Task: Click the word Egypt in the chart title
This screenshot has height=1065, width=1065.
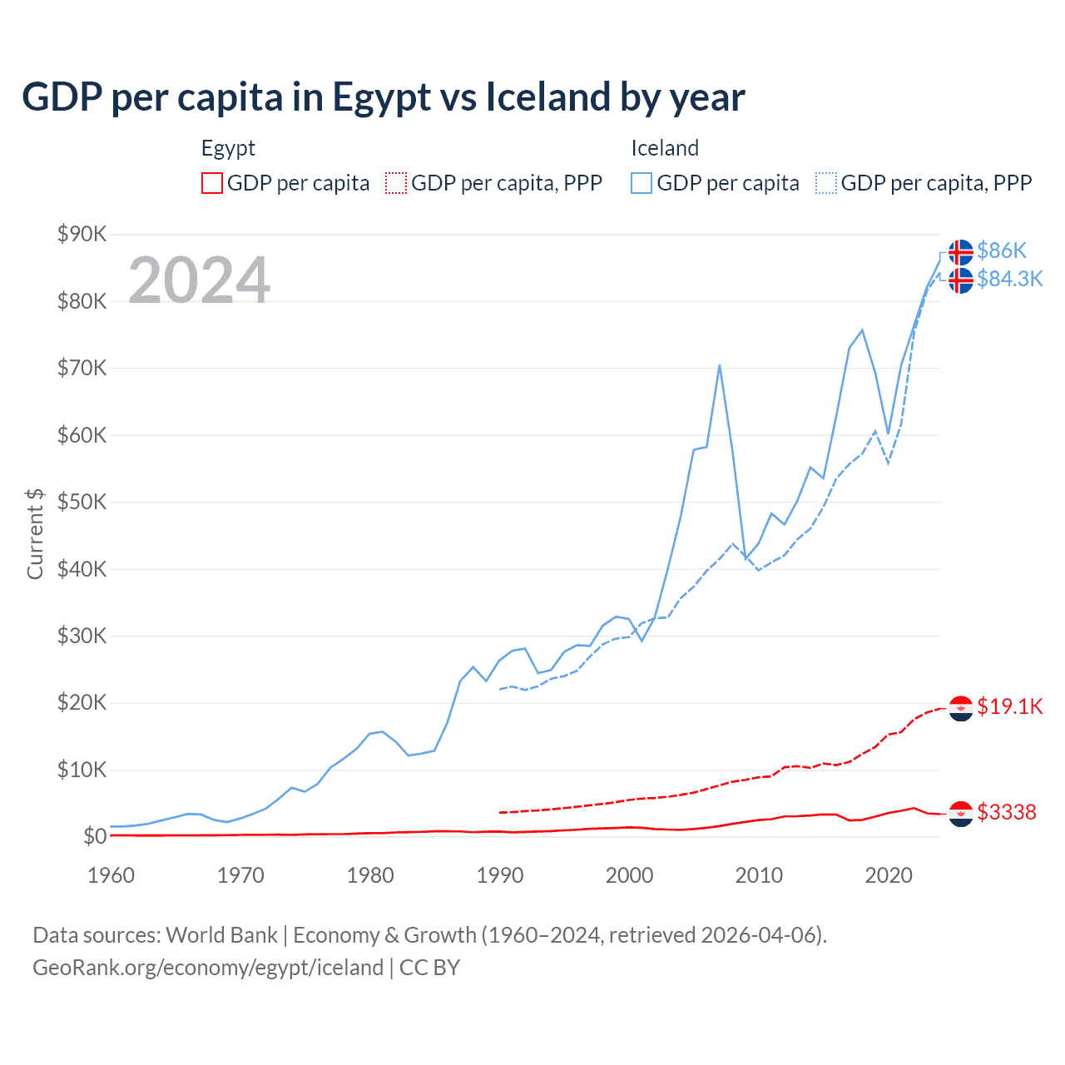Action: (381, 98)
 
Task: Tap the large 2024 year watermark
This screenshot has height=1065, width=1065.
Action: (199, 280)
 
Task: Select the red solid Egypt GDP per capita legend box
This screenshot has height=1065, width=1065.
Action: (212, 183)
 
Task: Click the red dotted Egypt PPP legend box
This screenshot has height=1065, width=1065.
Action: (396, 183)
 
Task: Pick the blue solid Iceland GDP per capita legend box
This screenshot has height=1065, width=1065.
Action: (641, 183)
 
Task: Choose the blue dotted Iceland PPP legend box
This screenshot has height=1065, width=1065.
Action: (826, 183)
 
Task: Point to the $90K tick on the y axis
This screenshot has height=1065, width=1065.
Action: (82, 234)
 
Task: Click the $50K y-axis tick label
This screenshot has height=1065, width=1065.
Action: (82, 502)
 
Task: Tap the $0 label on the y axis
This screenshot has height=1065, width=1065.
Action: (95, 836)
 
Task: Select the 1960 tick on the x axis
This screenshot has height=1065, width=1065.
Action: (111, 875)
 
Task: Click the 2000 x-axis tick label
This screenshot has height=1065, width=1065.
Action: (630, 875)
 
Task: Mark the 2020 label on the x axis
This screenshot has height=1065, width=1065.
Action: (889, 875)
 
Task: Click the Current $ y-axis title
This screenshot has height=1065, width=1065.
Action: (35, 533)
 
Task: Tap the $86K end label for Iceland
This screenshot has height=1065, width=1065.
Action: (1002, 250)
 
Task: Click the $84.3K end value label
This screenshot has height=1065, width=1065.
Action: (1009, 279)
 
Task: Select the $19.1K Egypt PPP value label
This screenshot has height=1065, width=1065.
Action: (1009, 706)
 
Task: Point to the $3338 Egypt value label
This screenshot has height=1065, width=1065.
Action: (1007, 812)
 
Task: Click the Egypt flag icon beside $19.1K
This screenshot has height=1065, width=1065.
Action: (961, 708)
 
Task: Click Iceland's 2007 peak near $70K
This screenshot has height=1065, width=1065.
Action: (719, 365)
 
